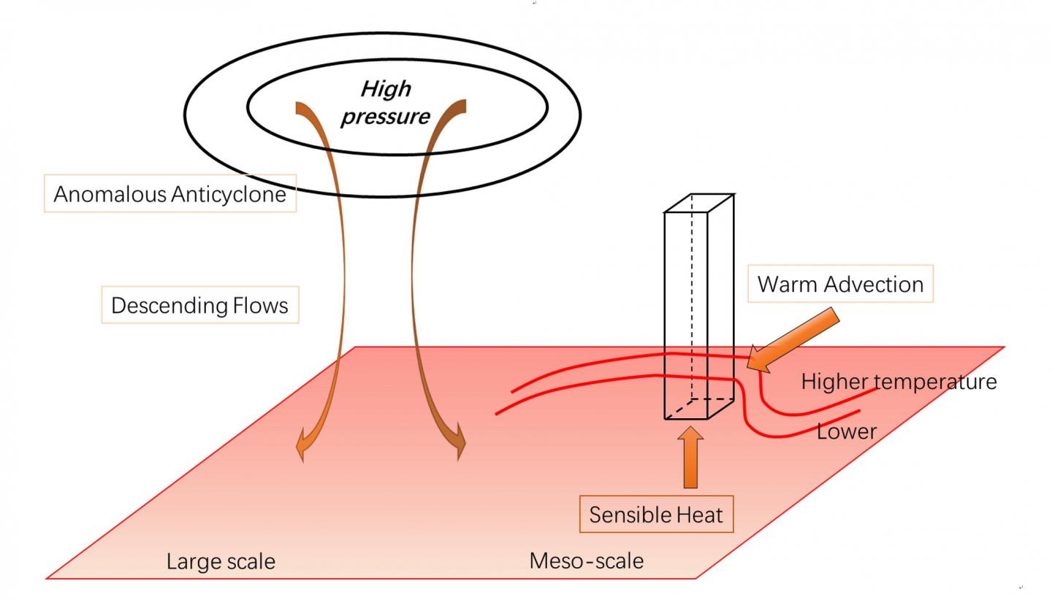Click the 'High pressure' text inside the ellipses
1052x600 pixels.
[385, 103]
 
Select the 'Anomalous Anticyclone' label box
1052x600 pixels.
[169, 194]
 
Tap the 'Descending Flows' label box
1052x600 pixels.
[199, 305]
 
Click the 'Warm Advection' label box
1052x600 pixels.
[840, 284]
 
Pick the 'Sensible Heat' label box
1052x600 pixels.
[655, 515]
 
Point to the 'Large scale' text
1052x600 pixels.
[221, 561]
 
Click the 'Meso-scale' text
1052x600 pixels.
[586, 561]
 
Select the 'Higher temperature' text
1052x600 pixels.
[899, 381]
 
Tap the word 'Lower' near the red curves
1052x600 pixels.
[846, 431]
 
